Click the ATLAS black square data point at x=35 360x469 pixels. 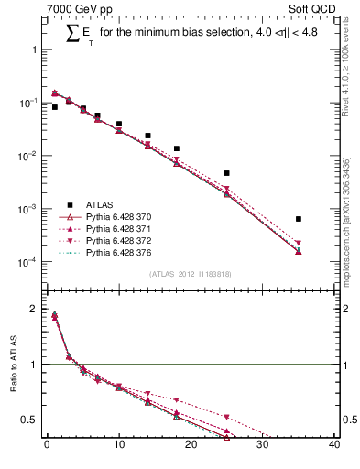[299, 219]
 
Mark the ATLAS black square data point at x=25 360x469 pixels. [226, 173]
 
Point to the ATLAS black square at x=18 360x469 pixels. [176, 148]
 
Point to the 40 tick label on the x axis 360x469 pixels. [333, 446]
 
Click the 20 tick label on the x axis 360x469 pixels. [191, 446]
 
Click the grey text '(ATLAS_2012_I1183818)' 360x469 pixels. [189, 274]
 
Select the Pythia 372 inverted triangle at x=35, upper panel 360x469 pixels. [299, 243]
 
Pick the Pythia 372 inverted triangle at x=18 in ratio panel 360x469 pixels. [176, 401]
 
